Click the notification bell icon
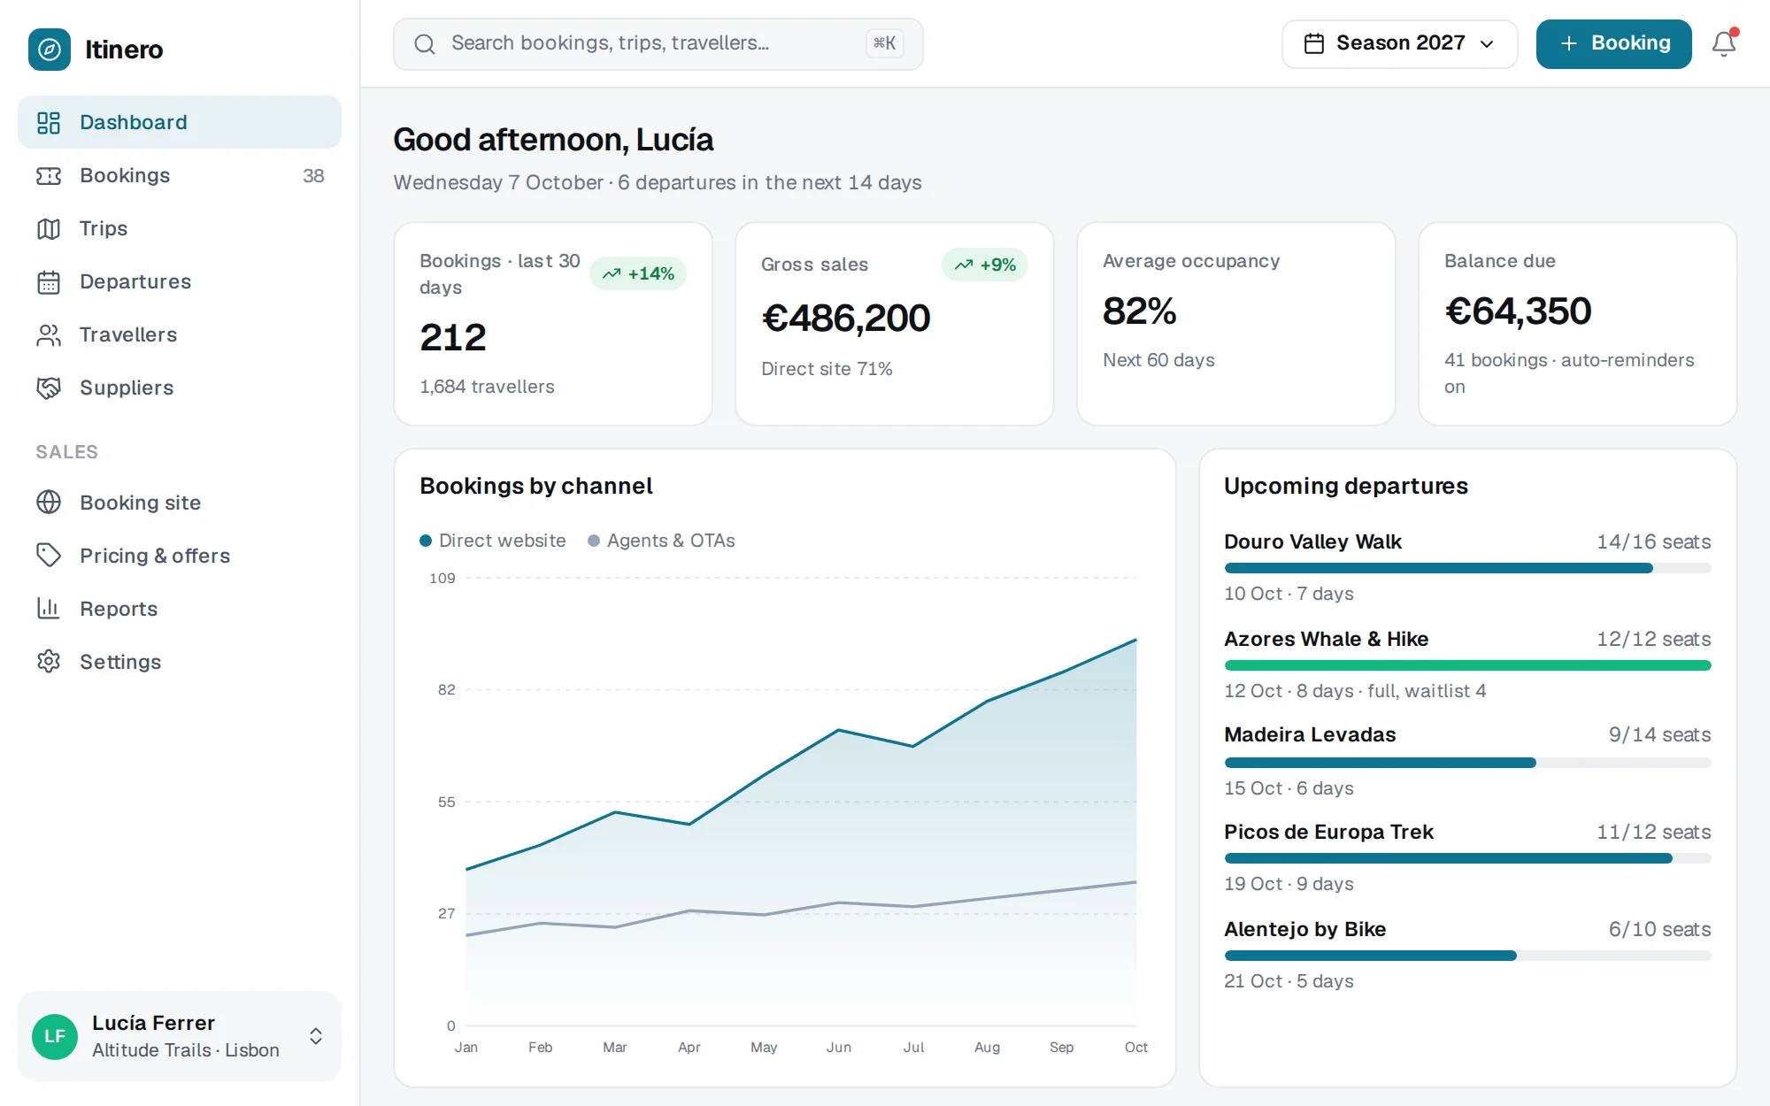coord(1723,43)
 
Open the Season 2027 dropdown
coord(1399,43)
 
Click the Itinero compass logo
coord(50,50)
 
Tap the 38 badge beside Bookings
coord(313,176)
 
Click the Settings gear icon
coord(49,662)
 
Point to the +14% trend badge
coord(638,273)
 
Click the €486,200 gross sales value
coord(846,319)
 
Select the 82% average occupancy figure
coord(1139,311)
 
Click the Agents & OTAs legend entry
coord(662,541)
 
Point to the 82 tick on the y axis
coord(446,690)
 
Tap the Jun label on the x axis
coord(839,1048)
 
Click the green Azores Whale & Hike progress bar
coord(1467,665)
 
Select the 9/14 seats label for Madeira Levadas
coord(1659,735)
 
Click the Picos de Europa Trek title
coord(1328,833)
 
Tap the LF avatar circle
coord(55,1036)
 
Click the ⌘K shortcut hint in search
coord(885,43)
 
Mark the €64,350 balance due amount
coord(1518,311)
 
